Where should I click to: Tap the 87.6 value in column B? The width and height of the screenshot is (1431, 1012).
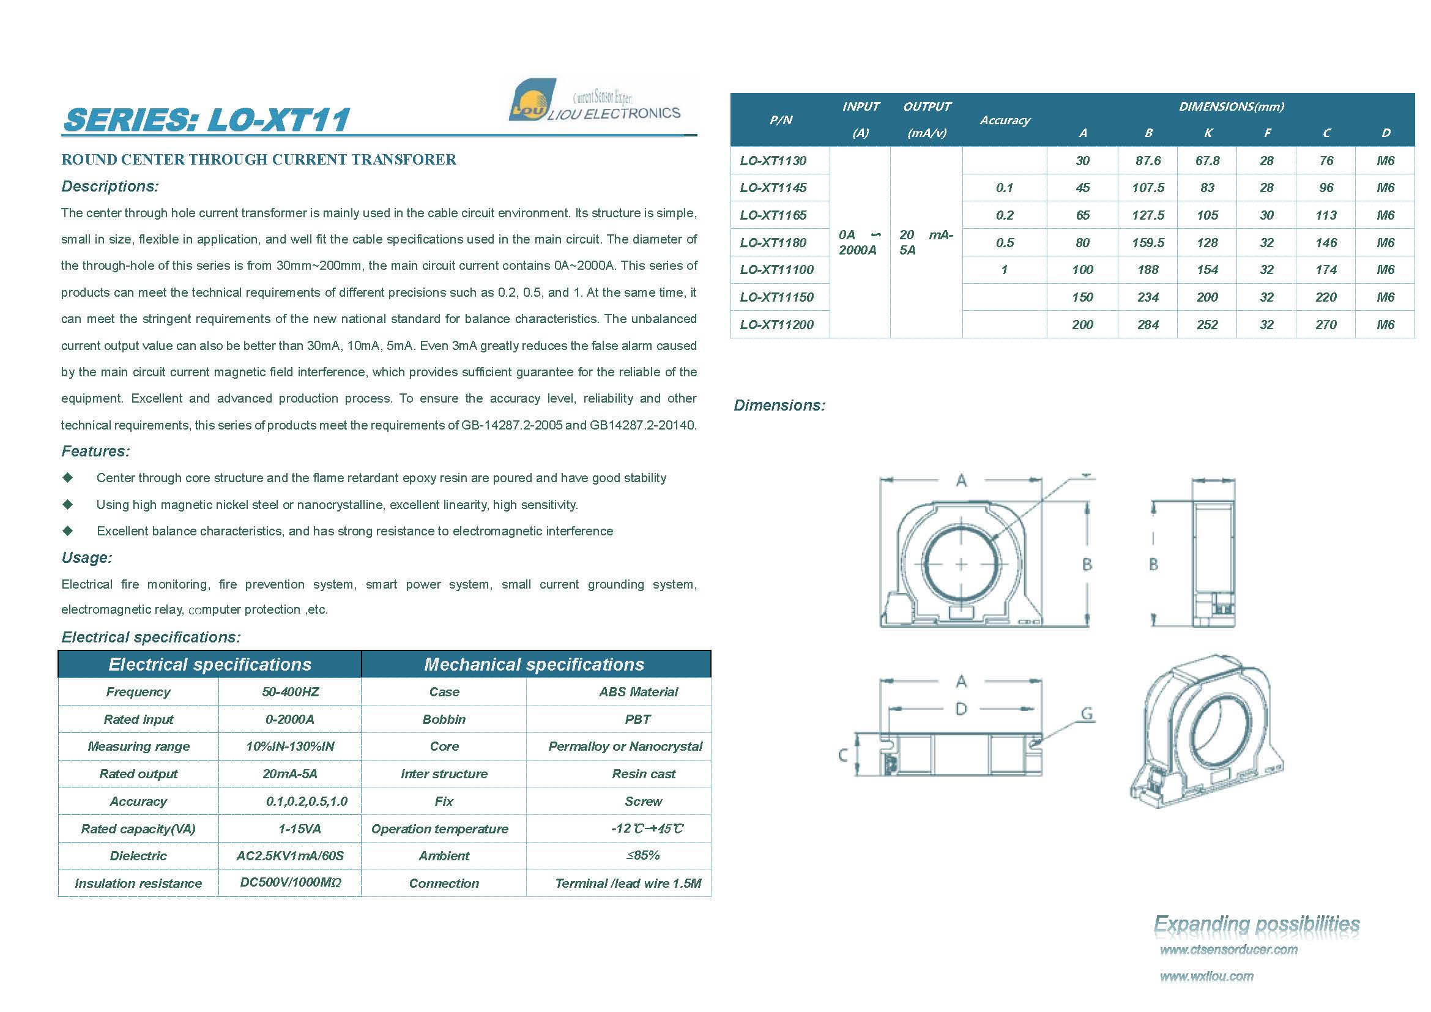[1147, 161]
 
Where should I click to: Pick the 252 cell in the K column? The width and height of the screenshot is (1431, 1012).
[1206, 325]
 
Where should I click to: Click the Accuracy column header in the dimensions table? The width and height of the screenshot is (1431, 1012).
[1004, 121]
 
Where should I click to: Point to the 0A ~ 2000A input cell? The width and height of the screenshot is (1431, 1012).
[859, 242]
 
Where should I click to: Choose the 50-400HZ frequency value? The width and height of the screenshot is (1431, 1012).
[290, 692]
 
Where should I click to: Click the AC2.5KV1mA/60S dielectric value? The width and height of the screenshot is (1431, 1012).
[290, 855]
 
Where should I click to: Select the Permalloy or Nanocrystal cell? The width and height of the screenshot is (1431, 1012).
[625, 746]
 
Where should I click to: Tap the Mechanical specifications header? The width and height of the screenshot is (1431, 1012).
[534, 664]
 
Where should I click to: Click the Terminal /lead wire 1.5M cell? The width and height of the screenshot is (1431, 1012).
[628, 883]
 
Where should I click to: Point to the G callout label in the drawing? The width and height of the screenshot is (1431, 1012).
[1087, 713]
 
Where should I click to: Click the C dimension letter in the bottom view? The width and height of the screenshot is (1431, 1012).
[842, 756]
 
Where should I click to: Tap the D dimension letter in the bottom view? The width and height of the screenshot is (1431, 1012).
[961, 709]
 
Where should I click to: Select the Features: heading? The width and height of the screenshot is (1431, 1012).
[95, 451]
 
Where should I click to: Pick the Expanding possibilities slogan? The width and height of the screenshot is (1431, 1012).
[1257, 924]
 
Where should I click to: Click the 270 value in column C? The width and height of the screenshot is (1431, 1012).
[1326, 325]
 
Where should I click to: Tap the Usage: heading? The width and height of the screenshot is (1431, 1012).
[87, 558]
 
